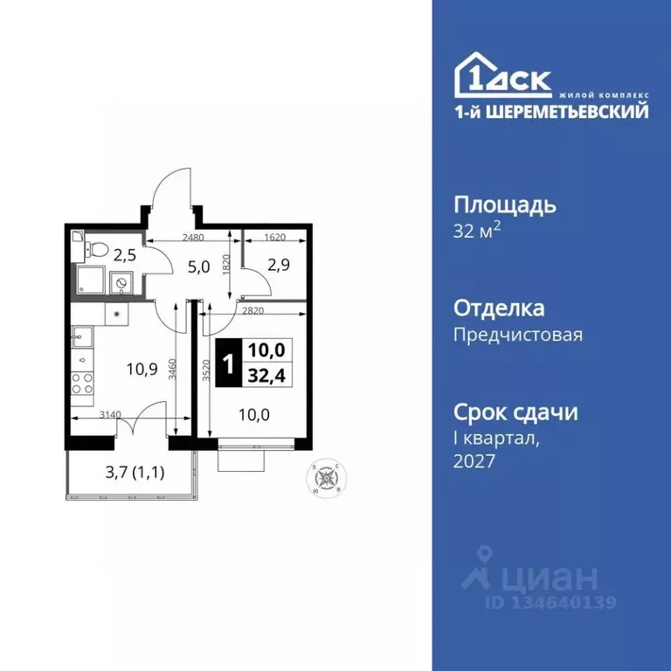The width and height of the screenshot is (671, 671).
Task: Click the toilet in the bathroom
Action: point(98,251)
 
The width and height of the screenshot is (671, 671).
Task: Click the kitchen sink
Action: point(81,336)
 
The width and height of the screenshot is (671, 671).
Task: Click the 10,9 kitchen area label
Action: point(141,368)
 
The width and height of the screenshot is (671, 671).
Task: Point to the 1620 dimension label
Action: point(274,237)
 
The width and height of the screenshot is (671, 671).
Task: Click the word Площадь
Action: point(505,207)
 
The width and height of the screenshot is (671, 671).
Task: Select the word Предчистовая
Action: point(518,334)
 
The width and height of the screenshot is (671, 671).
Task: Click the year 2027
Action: point(475,460)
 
